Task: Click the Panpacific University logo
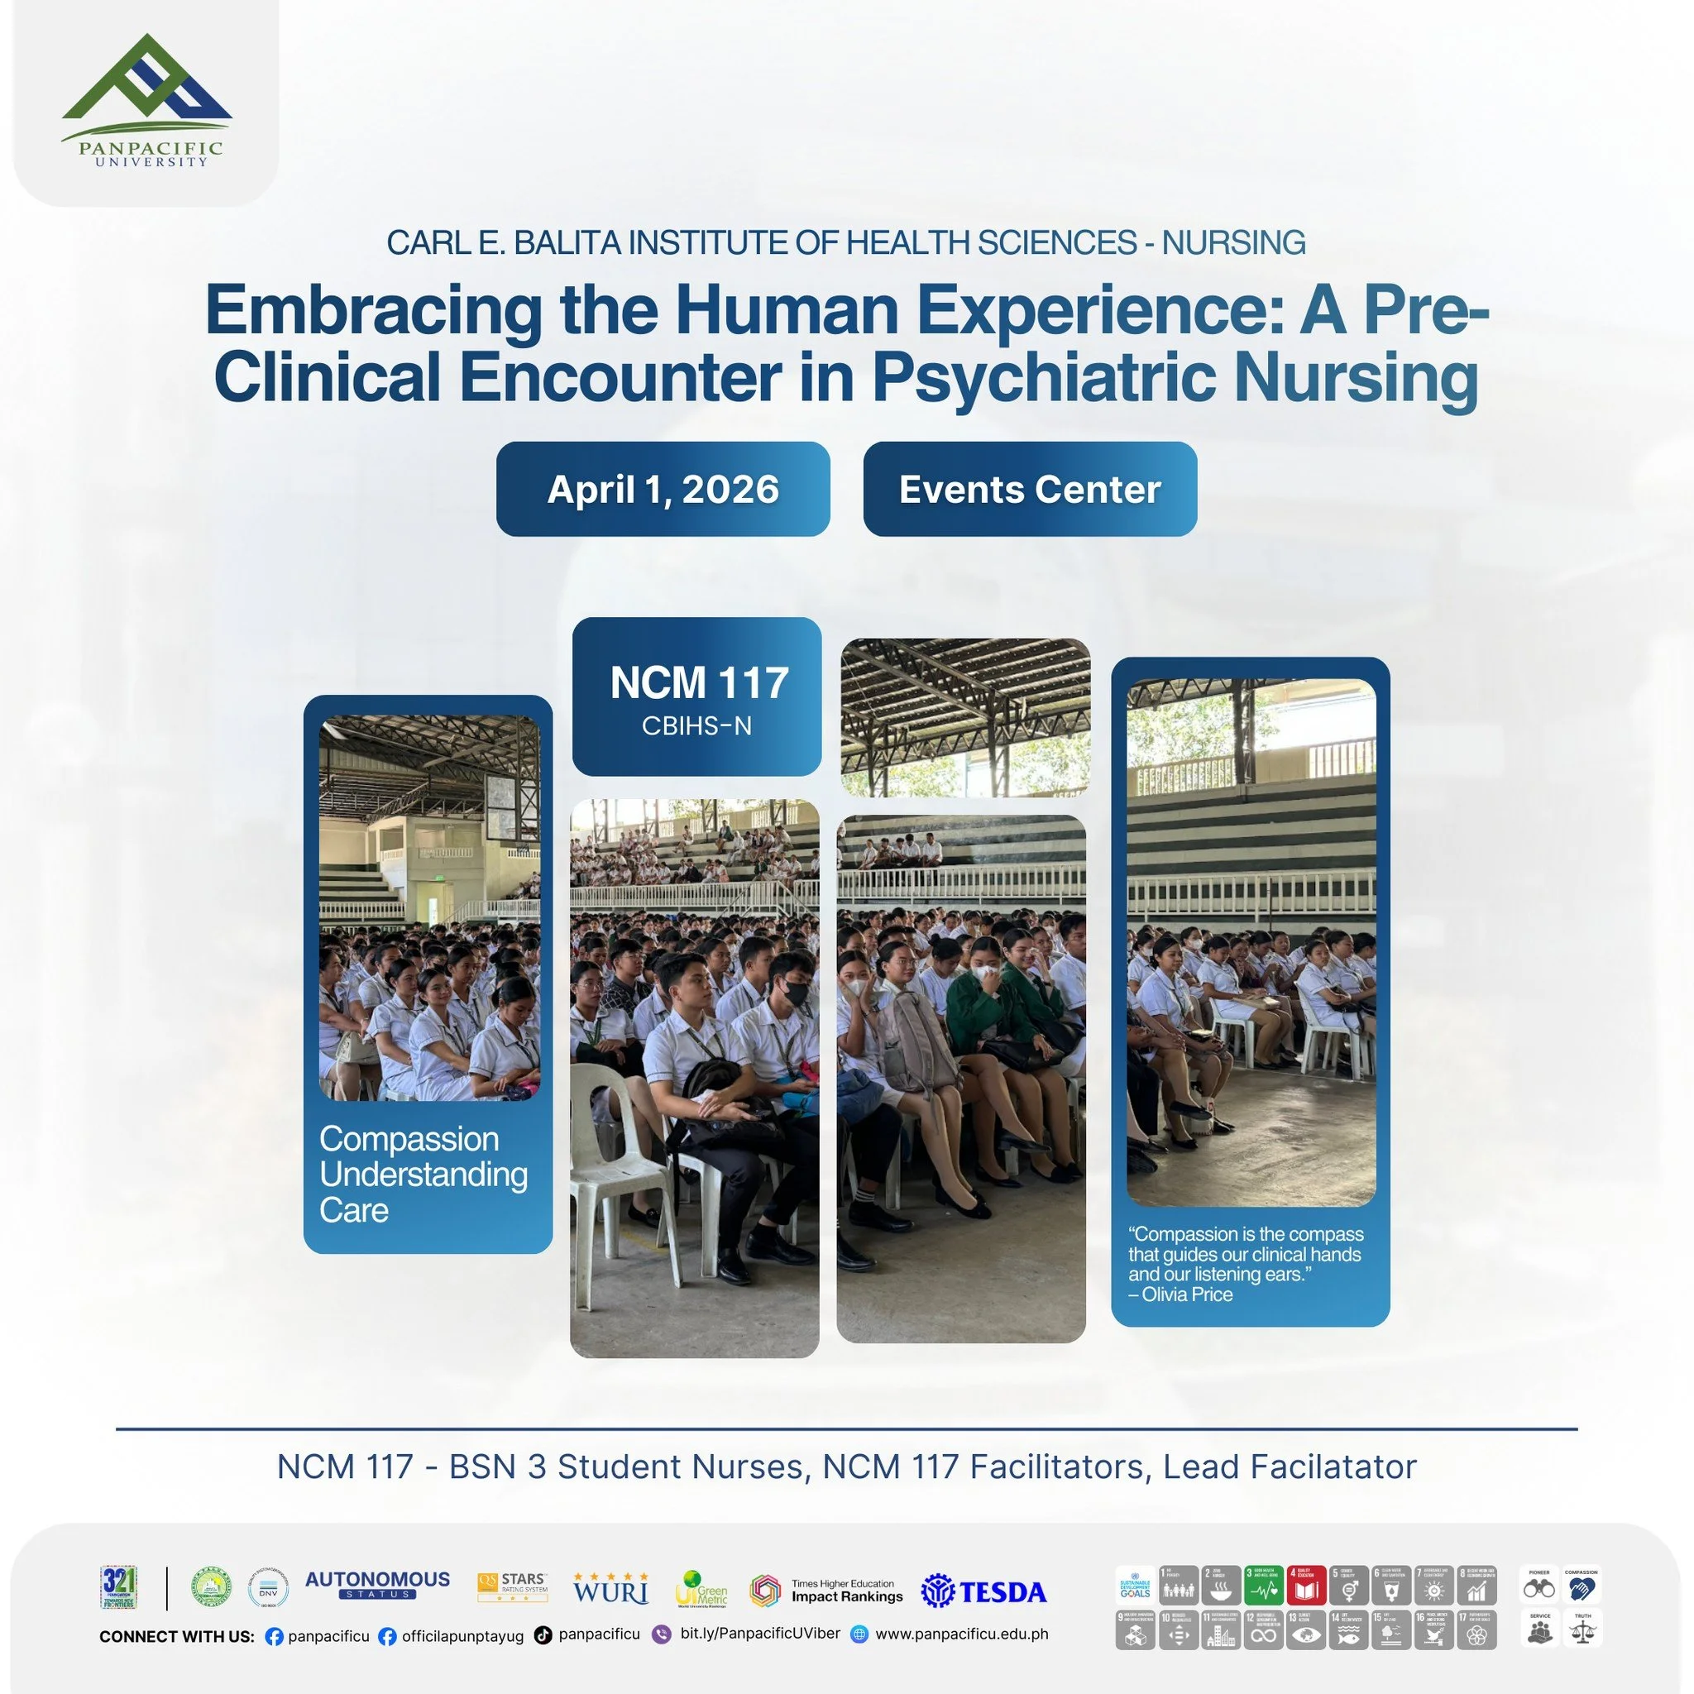click(x=146, y=100)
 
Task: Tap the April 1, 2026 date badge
click(x=663, y=490)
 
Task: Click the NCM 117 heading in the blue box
click(x=699, y=683)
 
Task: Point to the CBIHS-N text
click(x=696, y=726)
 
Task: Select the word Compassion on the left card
click(x=409, y=1139)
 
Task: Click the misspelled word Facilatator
click(x=1333, y=1467)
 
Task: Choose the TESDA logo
click(x=983, y=1591)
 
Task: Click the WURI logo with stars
click(x=611, y=1589)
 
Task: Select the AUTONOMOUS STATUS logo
click(x=377, y=1584)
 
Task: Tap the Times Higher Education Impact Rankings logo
click(x=827, y=1591)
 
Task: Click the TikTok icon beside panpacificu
click(x=543, y=1635)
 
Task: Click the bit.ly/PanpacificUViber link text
click(x=759, y=1634)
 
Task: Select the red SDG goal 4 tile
click(x=1305, y=1586)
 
